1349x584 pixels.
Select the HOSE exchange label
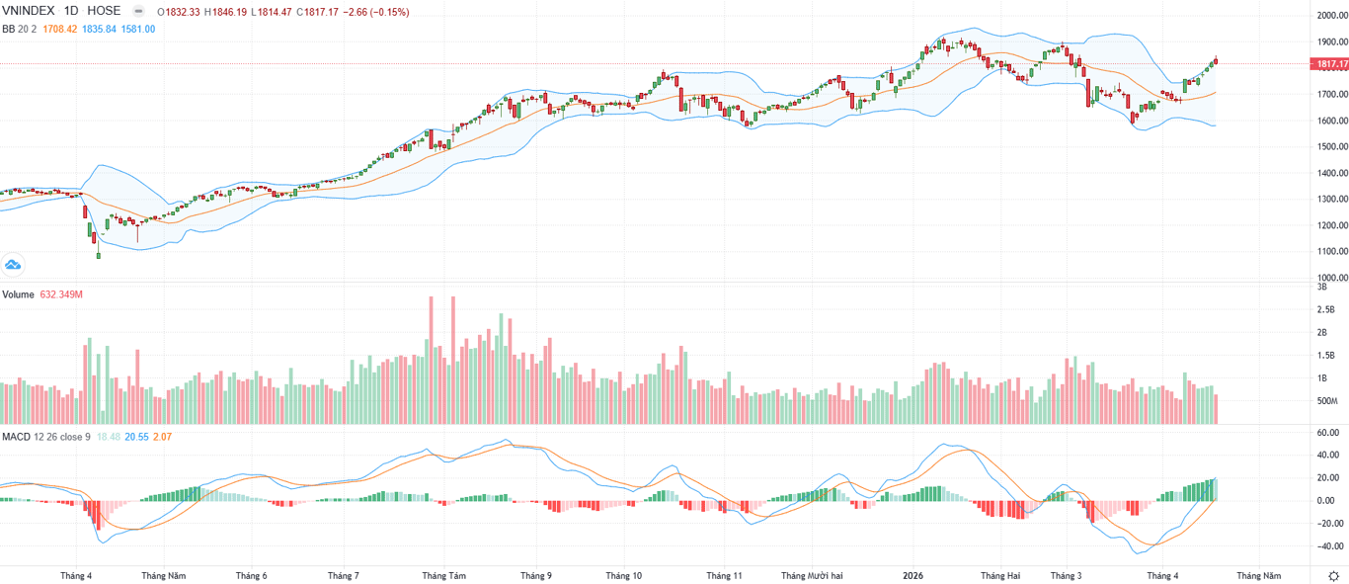104,12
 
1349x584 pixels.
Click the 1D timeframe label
71,12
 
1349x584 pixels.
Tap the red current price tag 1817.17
1329,64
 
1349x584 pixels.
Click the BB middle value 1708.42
59,30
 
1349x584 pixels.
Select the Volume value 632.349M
61,294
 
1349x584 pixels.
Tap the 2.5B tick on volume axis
1326,309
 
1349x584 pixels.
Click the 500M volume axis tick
1326,401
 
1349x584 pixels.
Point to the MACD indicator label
16,436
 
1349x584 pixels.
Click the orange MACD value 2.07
163,436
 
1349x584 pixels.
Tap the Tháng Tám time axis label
443,575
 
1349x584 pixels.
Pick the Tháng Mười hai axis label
812,575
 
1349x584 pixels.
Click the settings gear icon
1334,575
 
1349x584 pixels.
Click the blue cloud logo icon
13,264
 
